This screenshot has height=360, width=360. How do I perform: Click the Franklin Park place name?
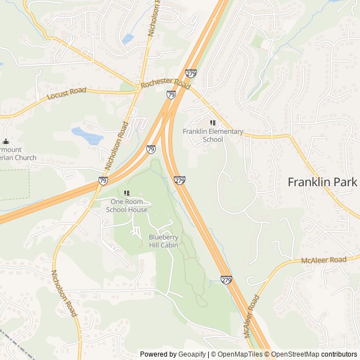point(322,182)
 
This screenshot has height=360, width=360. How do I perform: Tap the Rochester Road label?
point(166,84)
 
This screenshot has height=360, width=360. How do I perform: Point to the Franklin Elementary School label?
point(213,136)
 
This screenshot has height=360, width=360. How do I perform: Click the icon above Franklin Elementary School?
point(213,123)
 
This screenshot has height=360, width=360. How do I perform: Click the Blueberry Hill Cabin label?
point(163,241)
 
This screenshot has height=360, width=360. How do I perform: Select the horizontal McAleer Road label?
point(323,260)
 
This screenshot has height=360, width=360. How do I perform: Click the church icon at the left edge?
point(6,142)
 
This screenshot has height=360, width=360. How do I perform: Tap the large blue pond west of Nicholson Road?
point(87,136)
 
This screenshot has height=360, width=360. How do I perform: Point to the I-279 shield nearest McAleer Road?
point(226,280)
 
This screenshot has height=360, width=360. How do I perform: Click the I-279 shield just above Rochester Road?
point(191,73)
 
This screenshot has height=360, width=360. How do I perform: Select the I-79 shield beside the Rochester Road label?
point(171,95)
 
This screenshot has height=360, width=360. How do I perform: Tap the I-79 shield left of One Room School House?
point(103,181)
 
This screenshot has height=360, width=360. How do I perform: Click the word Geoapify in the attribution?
point(191,354)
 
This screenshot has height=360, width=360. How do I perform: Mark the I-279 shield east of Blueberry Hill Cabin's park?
point(179,181)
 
